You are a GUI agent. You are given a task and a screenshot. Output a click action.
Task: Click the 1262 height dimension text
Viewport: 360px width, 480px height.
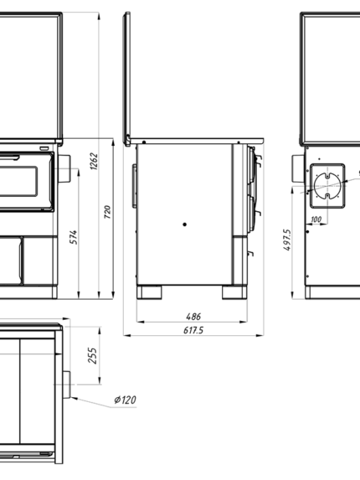pos(95,162)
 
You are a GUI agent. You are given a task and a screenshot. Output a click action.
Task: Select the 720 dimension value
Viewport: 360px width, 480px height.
pos(107,212)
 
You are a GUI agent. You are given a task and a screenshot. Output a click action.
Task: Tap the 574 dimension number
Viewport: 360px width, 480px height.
pos(74,237)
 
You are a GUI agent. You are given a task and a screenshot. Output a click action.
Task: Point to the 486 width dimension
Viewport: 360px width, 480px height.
pos(193,316)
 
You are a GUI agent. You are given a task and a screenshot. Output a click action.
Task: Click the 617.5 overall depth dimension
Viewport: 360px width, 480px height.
pos(193,330)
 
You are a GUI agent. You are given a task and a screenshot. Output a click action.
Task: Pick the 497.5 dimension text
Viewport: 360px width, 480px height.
pos(287,240)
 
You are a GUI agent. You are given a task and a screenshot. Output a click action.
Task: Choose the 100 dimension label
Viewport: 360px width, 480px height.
pos(316,219)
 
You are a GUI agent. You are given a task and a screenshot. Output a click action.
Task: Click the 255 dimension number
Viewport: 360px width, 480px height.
pos(92,355)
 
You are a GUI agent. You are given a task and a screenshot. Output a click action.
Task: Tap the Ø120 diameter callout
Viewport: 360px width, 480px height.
pos(125,400)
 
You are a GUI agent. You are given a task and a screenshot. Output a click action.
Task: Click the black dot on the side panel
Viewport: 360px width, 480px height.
pos(184,225)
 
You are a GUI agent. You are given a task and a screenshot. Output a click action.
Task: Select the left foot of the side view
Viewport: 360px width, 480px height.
pos(149,292)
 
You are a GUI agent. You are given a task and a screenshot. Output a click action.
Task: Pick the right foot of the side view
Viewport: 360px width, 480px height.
pos(234,292)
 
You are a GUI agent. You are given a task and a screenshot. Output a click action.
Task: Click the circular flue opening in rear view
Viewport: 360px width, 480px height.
pos(327,186)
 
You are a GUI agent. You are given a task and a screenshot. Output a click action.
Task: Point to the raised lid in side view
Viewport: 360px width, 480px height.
pos(127,79)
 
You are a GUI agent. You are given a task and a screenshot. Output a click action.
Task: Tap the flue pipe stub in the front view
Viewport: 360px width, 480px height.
pos(64,168)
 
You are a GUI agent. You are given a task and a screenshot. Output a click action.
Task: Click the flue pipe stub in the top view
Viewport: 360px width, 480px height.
pos(67,385)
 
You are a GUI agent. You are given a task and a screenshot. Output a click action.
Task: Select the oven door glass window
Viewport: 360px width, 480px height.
pos(18,181)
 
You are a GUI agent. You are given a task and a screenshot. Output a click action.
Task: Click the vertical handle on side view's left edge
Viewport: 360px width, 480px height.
pos(134,186)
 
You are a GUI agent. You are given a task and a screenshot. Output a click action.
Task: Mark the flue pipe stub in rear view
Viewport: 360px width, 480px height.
pos(298,168)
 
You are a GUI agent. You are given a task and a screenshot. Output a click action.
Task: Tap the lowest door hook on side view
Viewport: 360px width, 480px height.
pos(250,253)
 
